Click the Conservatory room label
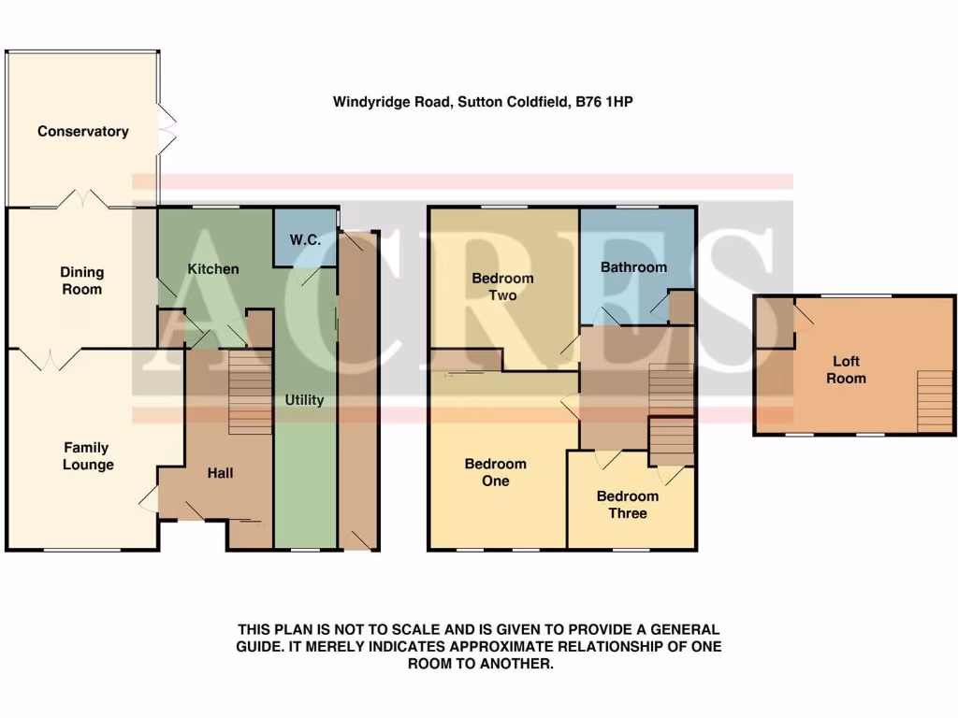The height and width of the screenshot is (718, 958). [82, 132]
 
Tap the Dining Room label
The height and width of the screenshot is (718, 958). [82, 280]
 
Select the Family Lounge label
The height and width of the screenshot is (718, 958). [88, 456]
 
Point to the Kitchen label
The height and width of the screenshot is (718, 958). [213, 269]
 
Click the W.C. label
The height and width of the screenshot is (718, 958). [305, 240]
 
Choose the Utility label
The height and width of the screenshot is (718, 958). [304, 400]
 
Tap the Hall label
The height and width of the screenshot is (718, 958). [220, 473]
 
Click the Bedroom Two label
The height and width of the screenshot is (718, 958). [502, 286]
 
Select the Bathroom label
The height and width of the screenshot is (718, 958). [634, 267]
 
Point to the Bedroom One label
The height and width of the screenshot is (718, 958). [496, 472]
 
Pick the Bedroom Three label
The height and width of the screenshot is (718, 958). [628, 505]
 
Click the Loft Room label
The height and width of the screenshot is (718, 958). [846, 370]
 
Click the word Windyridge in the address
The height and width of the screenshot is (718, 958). [368, 102]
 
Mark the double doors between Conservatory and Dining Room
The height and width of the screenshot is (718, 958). [83, 200]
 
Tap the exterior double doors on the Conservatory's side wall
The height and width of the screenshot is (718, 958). [166, 128]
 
